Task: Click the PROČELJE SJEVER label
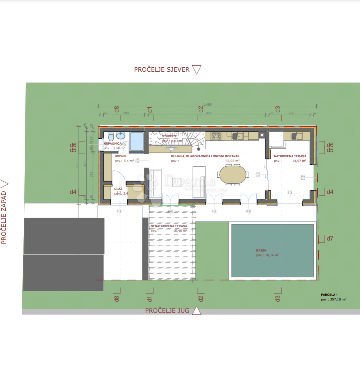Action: [x=161, y=70]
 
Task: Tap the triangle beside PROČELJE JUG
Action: [x=197, y=310]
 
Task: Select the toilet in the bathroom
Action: [x=111, y=136]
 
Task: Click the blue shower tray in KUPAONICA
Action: [x=137, y=142]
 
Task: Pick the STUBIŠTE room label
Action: [x=169, y=136]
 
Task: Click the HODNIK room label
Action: [x=120, y=156]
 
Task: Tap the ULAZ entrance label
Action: [x=118, y=189]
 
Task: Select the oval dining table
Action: [x=233, y=175]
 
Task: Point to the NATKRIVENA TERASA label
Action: [x=290, y=156]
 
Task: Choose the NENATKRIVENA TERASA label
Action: [x=169, y=226]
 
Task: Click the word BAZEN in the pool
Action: [x=261, y=250]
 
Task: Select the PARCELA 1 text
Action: [x=329, y=295]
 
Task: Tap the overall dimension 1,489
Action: [x=207, y=104]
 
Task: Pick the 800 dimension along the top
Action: [x=209, y=113]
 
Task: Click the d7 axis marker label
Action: [x=330, y=238]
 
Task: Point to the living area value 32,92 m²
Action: [x=233, y=161]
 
